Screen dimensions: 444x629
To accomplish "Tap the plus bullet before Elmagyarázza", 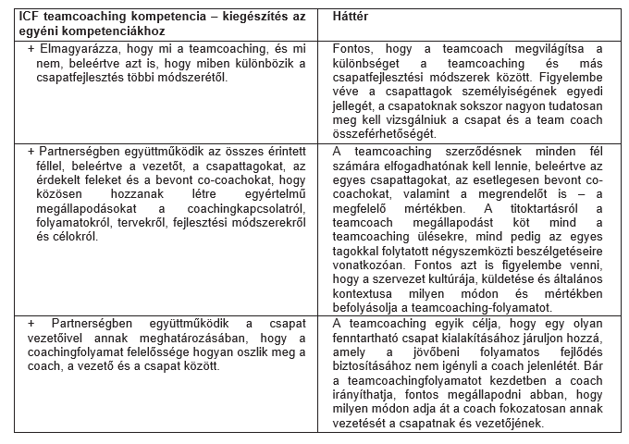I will pos(31,47).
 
